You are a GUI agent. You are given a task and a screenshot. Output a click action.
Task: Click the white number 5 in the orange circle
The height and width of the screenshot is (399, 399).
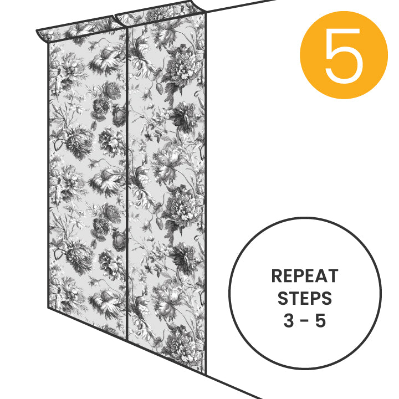(344, 55)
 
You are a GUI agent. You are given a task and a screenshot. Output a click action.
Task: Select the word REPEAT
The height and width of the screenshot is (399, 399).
(305, 276)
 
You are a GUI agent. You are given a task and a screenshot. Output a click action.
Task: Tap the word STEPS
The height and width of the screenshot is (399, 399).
(305, 298)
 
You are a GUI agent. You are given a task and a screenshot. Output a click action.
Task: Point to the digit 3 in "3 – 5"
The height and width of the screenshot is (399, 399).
(289, 321)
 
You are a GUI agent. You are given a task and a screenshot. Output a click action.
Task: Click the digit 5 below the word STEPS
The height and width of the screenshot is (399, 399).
(321, 321)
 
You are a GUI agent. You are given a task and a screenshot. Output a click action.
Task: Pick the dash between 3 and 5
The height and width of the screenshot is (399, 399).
(305, 321)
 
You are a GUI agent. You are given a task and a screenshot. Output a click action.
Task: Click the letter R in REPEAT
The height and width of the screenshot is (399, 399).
(277, 276)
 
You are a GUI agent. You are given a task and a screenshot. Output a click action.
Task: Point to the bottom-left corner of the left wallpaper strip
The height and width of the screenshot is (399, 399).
(48, 308)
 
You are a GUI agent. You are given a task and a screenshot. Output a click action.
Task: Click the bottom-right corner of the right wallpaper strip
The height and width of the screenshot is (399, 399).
(206, 375)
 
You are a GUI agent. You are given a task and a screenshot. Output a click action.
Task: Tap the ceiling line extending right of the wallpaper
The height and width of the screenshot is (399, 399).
(241, 6)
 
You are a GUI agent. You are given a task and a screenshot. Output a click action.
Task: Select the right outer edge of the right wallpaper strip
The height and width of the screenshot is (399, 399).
(206, 193)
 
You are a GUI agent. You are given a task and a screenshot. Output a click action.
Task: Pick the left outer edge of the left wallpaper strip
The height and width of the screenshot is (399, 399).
(48, 176)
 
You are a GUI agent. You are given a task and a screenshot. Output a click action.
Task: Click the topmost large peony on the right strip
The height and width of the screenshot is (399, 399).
(181, 65)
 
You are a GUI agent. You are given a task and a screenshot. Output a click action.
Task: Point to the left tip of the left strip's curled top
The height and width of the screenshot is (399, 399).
(37, 31)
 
